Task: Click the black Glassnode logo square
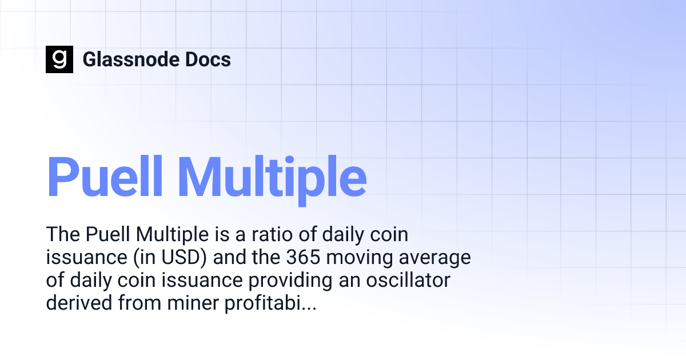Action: pyautogui.click(x=59, y=59)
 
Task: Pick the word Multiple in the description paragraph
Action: pyautogui.click(x=169, y=234)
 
